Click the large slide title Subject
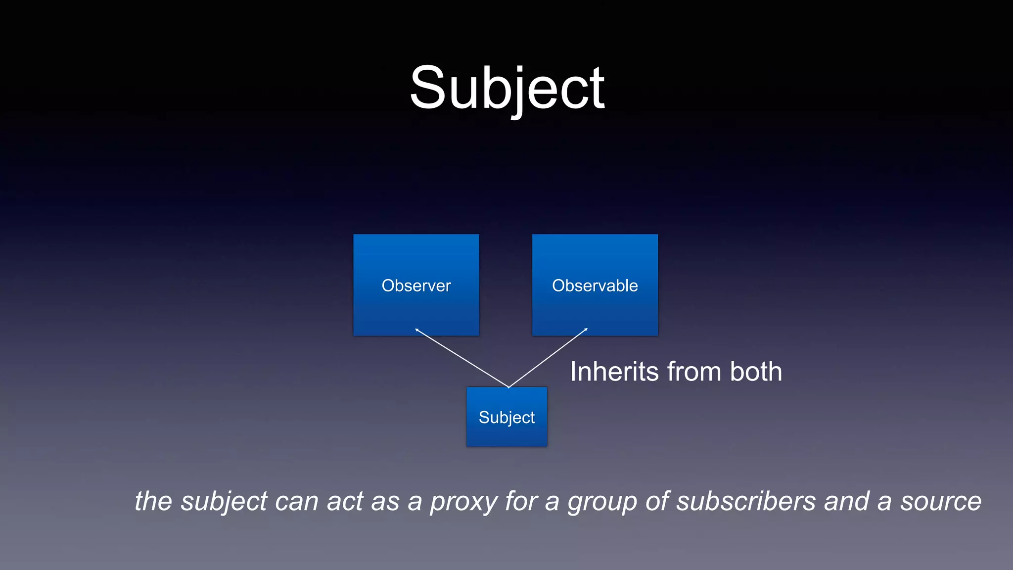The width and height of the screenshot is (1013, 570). pos(507,89)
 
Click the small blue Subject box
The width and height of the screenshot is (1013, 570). pos(506,417)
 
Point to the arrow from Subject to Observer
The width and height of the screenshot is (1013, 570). pos(462,358)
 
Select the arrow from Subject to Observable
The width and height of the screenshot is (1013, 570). pos(548,357)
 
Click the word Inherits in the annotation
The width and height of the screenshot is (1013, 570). pos(614,372)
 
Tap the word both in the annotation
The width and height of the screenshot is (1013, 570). pos(756,372)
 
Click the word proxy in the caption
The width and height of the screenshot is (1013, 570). pos(463,502)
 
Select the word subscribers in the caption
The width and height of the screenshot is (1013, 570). pos(746,501)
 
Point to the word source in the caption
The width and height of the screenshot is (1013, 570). pos(940,502)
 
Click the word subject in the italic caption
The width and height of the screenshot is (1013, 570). pos(224,502)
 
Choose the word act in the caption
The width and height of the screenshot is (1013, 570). pos(345,502)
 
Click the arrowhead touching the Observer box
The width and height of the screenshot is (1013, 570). pos(417,330)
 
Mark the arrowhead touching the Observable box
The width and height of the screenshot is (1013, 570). pos(586,329)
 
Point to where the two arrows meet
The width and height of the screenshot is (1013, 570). pos(508,387)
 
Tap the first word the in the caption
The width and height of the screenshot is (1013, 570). pos(153,501)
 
